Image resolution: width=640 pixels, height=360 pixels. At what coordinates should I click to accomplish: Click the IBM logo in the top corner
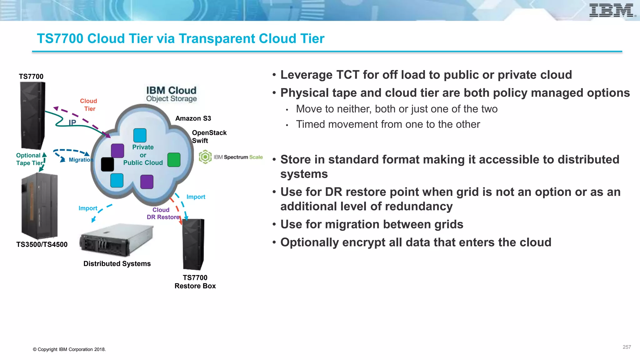pyautogui.click(x=612, y=10)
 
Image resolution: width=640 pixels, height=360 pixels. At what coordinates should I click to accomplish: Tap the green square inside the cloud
pyautogui.click(x=174, y=160)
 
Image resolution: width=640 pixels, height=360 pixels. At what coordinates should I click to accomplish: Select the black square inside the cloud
pyautogui.click(x=107, y=164)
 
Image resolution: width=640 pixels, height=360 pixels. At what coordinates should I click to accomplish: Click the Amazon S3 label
pyautogui.click(x=193, y=118)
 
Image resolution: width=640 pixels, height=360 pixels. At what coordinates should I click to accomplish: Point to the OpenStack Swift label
pyautogui.click(x=209, y=137)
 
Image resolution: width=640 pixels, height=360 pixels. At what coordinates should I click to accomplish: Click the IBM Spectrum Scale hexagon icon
pyautogui.click(x=205, y=157)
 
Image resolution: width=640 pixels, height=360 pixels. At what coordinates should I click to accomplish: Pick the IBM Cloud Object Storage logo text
pyautogui.click(x=171, y=94)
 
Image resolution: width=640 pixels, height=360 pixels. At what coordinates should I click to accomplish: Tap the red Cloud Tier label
pyautogui.click(x=88, y=105)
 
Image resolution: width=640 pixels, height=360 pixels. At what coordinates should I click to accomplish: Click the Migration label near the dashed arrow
pyautogui.click(x=81, y=160)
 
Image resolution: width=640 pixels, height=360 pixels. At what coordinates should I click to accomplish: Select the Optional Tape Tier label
pyautogui.click(x=29, y=159)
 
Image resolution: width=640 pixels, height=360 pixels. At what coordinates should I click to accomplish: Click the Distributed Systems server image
pyautogui.click(x=116, y=240)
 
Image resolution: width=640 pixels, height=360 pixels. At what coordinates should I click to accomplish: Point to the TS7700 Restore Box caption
pyautogui.click(x=195, y=282)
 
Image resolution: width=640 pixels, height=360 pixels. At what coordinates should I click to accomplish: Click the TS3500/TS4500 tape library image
pyautogui.click(x=40, y=206)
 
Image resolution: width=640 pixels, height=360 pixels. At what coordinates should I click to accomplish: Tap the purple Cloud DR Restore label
pyautogui.click(x=162, y=213)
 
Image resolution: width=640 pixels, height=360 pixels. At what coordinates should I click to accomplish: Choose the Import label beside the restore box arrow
pyautogui.click(x=196, y=197)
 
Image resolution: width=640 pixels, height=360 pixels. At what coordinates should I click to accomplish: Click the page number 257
pyautogui.click(x=627, y=347)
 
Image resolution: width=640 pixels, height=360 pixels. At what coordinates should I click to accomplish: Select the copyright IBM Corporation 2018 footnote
pyautogui.click(x=69, y=349)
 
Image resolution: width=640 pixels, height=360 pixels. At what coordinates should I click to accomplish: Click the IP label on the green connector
pyautogui.click(x=72, y=122)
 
